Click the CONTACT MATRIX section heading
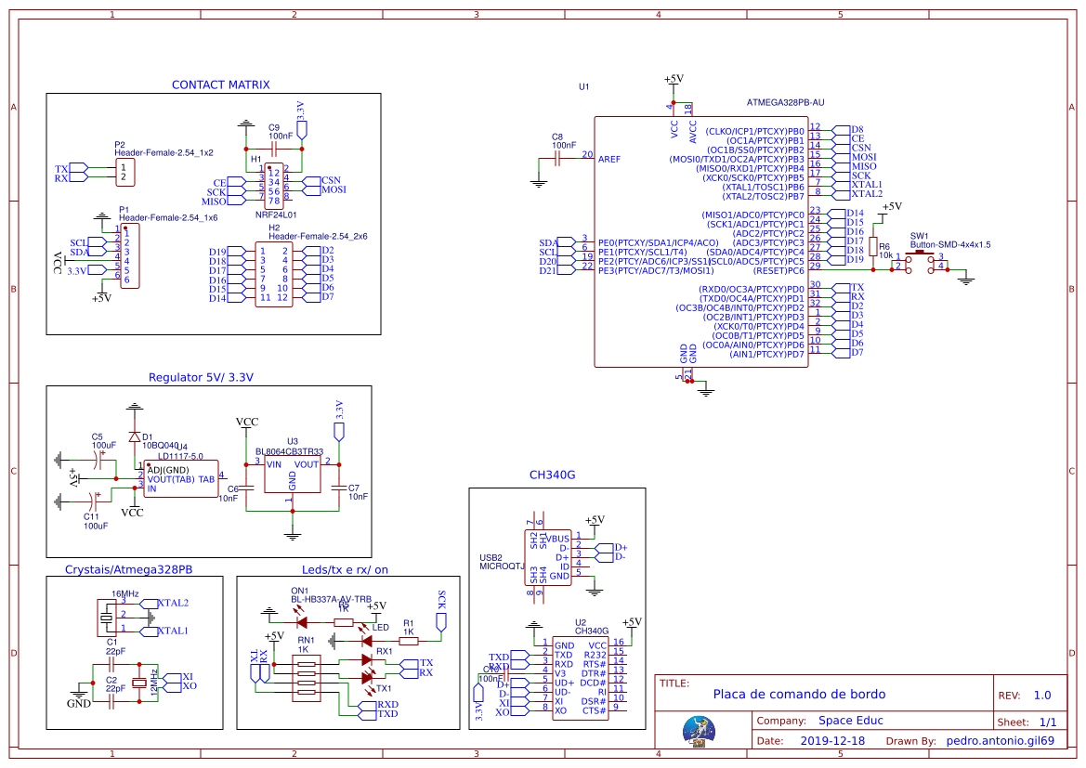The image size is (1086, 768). point(220,85)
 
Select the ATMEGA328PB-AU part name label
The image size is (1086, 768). point(785,102)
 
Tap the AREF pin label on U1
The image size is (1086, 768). point(609,159)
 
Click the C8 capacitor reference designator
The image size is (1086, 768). point(556,137)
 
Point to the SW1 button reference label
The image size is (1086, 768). point(919,236)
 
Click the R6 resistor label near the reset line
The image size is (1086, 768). point(883,246)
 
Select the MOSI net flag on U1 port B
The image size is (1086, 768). point(863,158)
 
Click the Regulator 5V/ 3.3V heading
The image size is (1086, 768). point(201,377)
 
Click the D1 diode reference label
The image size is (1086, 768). point(147,436)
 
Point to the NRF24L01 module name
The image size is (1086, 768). point(276,214)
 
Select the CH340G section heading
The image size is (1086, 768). point(552,475)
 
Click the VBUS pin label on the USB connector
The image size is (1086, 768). point(557,539)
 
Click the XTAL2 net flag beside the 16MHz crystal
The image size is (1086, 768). point(173,604)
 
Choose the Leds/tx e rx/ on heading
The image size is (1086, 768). point(345,569)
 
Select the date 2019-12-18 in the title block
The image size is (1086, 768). point(831,741)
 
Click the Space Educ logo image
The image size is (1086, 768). point(698,730)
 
